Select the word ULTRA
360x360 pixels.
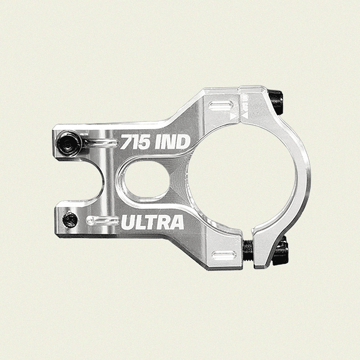click(153, 222)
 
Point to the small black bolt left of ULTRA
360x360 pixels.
click(71, 220)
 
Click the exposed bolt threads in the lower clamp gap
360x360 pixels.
click(248, 251)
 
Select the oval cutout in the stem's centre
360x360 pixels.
click(148, 179)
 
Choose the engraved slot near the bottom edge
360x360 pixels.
click(224, 256)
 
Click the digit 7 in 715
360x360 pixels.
click(126, 142)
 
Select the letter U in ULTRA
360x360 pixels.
click(128, 223)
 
